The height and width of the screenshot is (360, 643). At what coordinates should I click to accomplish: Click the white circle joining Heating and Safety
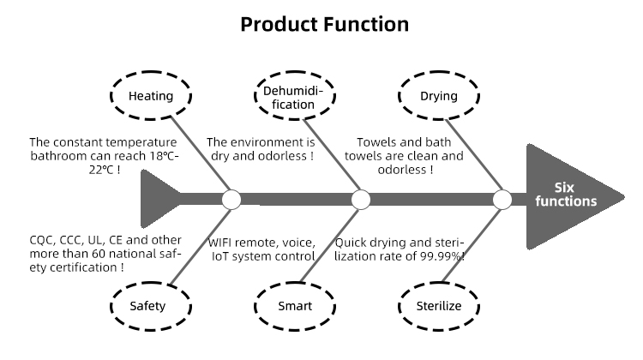231,200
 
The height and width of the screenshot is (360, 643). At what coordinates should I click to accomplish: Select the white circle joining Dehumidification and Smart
361,200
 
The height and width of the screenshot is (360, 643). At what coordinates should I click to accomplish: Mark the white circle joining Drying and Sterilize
502,200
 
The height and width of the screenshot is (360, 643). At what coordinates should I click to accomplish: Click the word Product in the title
279,24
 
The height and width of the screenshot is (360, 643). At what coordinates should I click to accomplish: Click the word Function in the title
366,24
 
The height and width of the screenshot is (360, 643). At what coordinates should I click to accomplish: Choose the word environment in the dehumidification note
267,142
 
